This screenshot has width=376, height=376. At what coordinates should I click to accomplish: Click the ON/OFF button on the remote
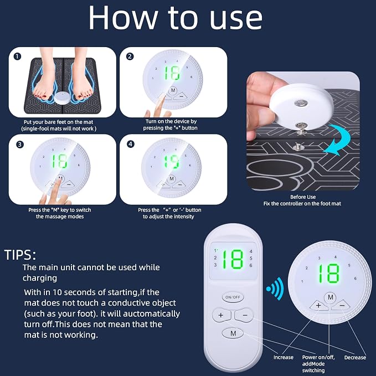pyautogui.click(x=233, y=297)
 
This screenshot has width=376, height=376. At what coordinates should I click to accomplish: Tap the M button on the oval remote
pyautogui.click(x=233, y=333)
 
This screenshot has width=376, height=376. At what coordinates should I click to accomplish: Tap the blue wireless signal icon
pyautogui.click(x=275, y=289)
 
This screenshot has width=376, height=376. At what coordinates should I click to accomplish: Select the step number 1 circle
pyautogui.click(x=17, y=56)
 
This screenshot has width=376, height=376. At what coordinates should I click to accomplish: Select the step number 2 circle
pyautogui.click(x=130, y=56)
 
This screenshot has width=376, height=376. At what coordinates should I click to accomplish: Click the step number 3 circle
pyautogui.click(x=20, y=145)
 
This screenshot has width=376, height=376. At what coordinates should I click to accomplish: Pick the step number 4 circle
pyautogui.click(x=130, y=144)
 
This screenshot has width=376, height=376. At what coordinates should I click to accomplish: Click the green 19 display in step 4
pyautogui.click(x=172, y=161)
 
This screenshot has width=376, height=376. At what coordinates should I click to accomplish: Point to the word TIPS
pyautogui.click(x=20, y=255)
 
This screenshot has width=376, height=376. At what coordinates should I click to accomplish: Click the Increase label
pyautogui.click(x=284, y=357)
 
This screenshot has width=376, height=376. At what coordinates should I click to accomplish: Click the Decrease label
pyautogui.click(x=355, y=357)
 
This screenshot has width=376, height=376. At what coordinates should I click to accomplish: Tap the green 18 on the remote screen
pyautogui.click(x=233, y=259)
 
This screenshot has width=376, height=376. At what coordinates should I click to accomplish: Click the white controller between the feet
pyautogui.click(x=63, y=97)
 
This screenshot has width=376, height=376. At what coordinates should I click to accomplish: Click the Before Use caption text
pyautogui.click(x=303, y=197)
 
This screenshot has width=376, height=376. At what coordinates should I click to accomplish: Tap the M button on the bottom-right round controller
pyautogui.click(x=330, y=297)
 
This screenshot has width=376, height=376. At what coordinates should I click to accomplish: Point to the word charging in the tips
pyautogui.click(x=40, y=278)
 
